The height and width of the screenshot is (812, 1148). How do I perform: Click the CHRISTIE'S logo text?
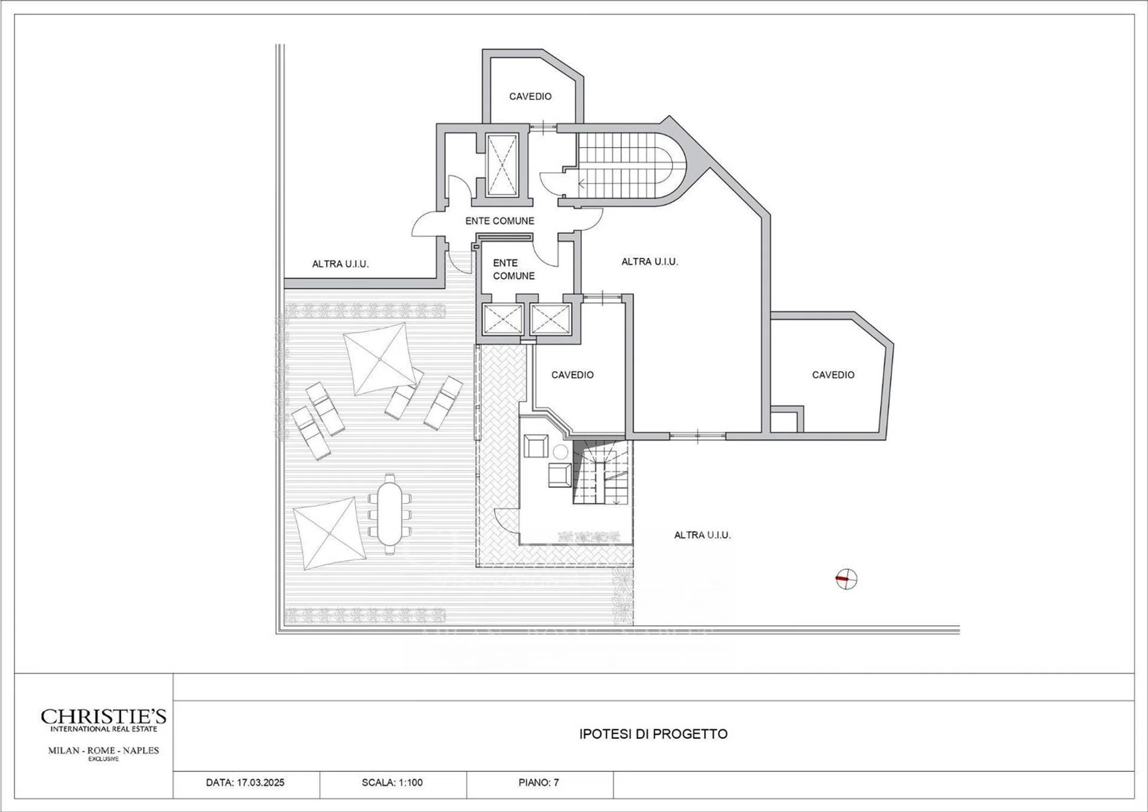(x=103, y=717)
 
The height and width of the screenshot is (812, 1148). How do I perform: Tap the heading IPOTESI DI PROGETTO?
(x=653, y=734)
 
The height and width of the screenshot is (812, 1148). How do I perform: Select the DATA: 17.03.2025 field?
(x=245, y=783)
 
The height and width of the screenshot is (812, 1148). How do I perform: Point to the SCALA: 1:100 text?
(x=392, y=783)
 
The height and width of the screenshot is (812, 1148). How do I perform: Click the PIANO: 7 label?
(x=539, y=783)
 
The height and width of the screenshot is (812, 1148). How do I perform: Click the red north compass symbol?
(x=847, y=580)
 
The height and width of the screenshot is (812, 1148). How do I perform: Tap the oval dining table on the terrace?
(x=390, y=513)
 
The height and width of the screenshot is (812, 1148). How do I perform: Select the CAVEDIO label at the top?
(x=530, y=96)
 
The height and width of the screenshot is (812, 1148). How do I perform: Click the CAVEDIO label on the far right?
(x=833, y=375)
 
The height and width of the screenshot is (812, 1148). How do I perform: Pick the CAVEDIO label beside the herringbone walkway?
(x=572, y=375)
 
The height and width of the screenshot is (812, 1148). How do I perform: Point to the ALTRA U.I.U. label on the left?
(x=340, y=264)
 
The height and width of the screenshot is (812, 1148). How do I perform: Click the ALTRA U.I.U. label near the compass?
(x=703, y=535)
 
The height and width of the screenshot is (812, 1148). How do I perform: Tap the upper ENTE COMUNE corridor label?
(x=500, y=221)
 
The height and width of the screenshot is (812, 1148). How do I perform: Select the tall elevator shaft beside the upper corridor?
(x=502, y=165)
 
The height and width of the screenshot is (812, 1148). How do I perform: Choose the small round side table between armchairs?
(x=560, y=452)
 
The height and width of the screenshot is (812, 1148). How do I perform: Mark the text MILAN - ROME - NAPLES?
(x=103, y=750)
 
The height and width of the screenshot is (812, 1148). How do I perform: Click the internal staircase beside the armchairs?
(x=602, y=472)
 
